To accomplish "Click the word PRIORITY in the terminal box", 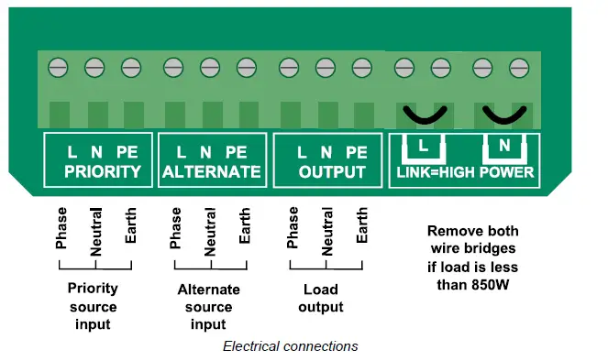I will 102,171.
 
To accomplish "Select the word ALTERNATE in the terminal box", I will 211,171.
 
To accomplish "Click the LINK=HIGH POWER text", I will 464,172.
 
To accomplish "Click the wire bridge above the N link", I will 503,115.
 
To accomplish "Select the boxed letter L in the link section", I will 422,146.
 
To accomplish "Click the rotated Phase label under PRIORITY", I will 61,229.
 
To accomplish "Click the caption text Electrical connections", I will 290,346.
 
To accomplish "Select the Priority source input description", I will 93,306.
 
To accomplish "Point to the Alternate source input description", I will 208,307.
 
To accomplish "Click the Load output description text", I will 320,298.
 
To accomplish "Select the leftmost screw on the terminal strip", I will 57,67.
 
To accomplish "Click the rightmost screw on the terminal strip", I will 517,67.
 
